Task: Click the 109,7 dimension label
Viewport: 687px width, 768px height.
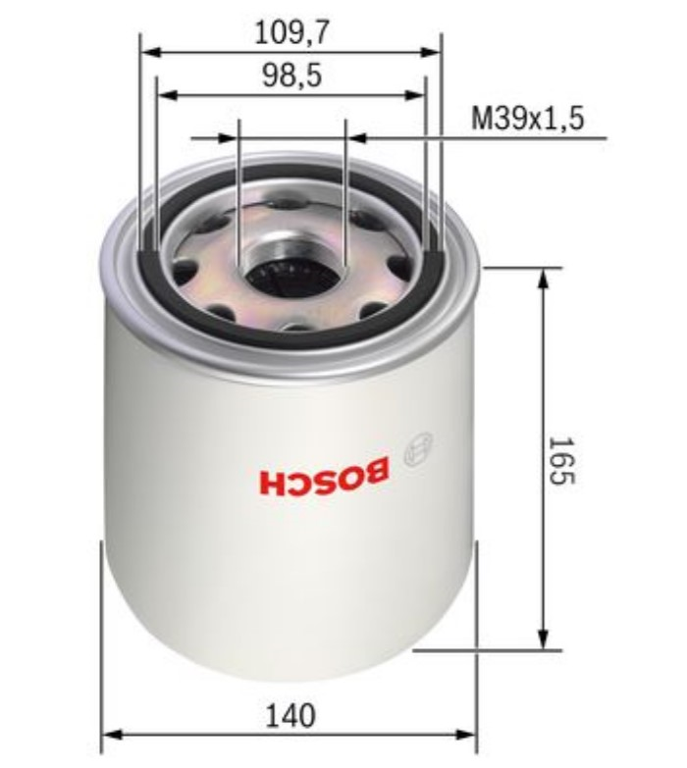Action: click(x=291, y=32)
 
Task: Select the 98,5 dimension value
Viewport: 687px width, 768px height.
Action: click(x=292, y=76)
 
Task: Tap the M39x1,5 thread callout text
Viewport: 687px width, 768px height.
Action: click(x=527, y=118)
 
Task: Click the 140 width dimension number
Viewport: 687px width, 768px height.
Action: click(x=291, y=716)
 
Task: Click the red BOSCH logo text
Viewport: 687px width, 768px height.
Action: click(x=325, y=475)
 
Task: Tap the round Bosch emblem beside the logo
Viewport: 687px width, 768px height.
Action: click(x=418, y=447)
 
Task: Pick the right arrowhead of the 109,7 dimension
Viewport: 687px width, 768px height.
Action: click(x=430, y=51)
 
